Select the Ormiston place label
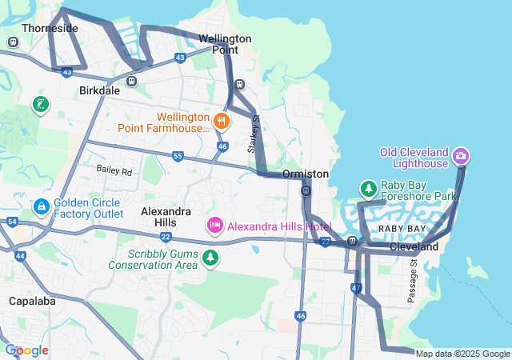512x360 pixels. (x=305, y=174)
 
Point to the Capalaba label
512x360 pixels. (x=30, y=302)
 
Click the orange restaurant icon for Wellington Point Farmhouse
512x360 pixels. (x=222, y=122)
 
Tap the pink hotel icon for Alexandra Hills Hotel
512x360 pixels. (x=214, y=226)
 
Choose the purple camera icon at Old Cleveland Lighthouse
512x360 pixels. (x=461, y=154)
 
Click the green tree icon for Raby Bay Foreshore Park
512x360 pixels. (x=368, y=189)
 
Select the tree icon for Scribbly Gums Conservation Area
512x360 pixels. (x=210, y=257)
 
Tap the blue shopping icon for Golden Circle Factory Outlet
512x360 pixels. (x=41, y=207)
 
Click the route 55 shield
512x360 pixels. (x=177, y=156)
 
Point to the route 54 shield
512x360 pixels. (x=11, y=221)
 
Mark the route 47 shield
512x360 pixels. (x=356, y=288)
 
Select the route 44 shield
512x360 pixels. (x=20, y=256)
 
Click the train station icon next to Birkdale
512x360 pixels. (x=131, y=81)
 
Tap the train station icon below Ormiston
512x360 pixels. (x=306, y=190)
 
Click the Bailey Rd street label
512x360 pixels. (x=114, y=170)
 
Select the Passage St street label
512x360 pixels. (x=412, y=280)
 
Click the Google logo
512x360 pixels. (x=26, y=350)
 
